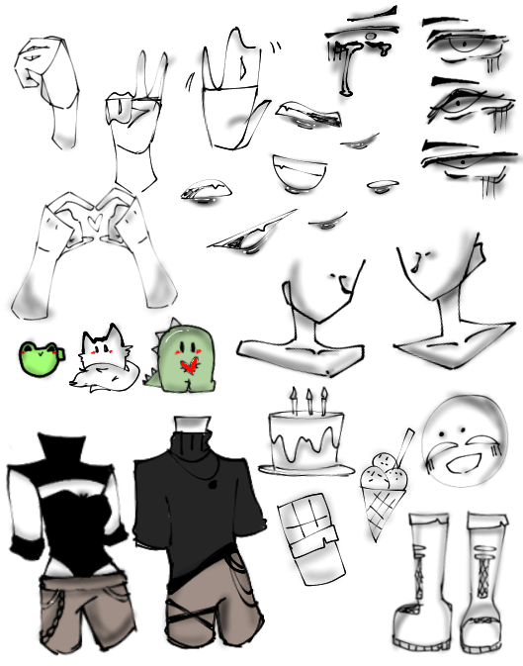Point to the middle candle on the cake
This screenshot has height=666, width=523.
pos(309,401)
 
